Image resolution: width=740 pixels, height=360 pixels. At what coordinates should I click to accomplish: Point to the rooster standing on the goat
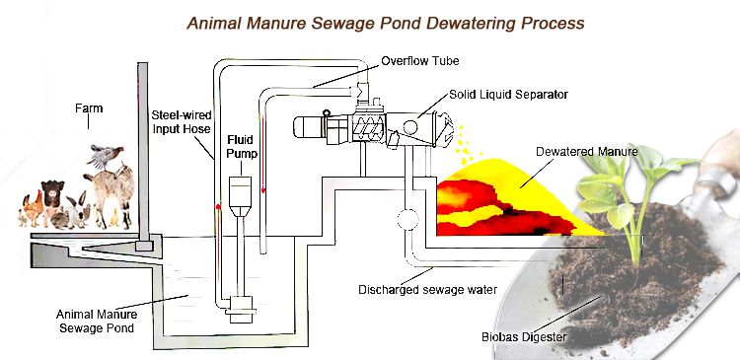click(102, 156)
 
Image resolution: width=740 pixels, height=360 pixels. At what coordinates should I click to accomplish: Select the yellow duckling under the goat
click(115, 214)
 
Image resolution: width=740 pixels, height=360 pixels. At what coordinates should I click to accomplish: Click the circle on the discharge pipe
click(407, 217)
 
